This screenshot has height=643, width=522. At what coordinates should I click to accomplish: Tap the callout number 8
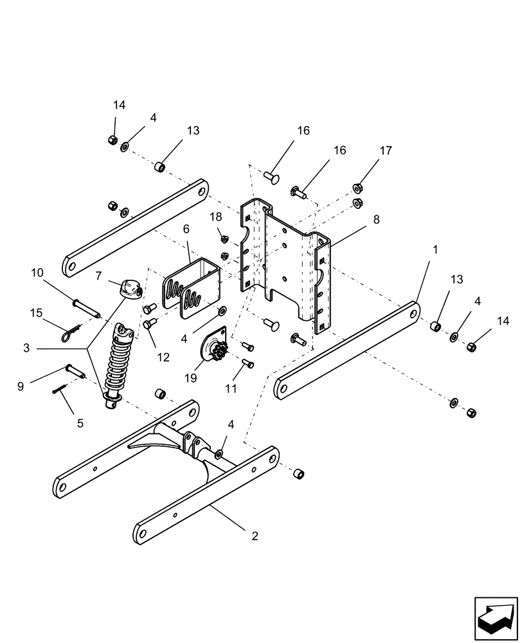pyautogui.click(x=376, y=219)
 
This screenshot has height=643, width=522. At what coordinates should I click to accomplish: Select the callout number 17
pyautogui.click(x=385, y=151)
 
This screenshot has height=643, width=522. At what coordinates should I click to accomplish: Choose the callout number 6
pyautogui.click(x=186, y=228)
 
